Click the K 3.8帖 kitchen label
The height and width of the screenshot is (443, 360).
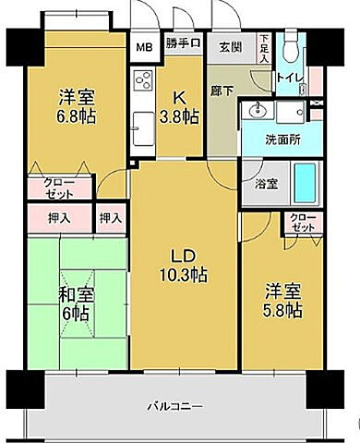(x=179, y=107)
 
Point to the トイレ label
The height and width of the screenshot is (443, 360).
(x=290, y=80)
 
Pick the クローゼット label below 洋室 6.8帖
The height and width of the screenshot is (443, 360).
(x=61, y=189)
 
